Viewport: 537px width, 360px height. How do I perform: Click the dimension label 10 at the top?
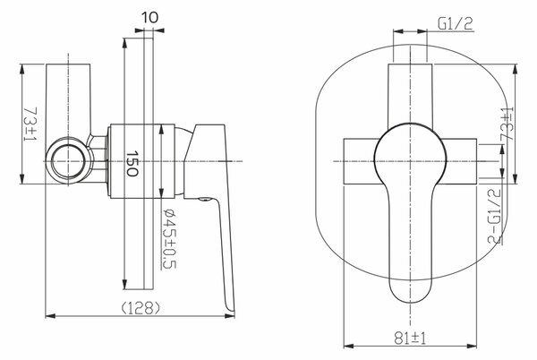coord(149,17)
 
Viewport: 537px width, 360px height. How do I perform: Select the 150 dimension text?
coord(132,163)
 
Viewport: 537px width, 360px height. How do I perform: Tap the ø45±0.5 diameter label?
coord(169,238)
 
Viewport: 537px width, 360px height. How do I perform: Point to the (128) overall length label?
coord(141,308)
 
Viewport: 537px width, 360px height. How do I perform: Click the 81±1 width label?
coord(410,339)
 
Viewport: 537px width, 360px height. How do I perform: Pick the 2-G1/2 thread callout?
coord(495,216)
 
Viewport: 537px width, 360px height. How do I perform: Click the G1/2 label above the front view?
coord(456,23)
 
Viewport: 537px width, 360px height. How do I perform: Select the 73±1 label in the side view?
coord(30,124)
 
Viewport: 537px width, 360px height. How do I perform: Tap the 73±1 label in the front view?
coord(507,124)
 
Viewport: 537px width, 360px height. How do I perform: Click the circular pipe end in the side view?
coord(69,161)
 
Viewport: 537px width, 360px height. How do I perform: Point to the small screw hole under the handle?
coord(205,199)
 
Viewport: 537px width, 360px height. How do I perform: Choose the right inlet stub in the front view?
coord(461,161)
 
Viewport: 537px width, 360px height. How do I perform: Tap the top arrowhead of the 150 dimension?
coord(125,43)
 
